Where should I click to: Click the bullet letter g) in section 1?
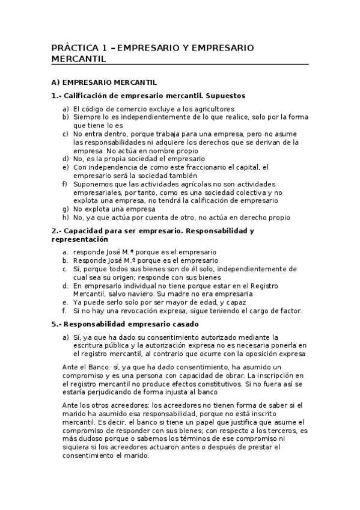[65, 209]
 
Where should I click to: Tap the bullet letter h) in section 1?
[65, 217]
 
